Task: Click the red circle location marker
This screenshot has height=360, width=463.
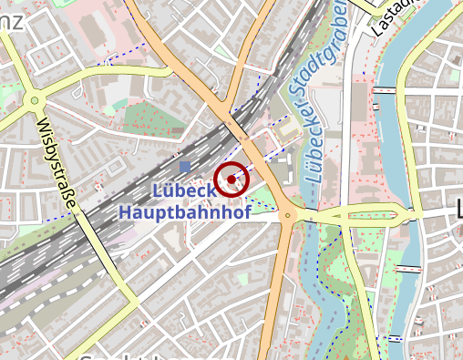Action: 232,180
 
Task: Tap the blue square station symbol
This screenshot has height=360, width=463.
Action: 186,167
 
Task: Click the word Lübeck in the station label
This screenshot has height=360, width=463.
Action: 183,190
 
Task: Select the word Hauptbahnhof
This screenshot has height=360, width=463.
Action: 172,211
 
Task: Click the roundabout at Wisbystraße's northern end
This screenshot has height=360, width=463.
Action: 35,99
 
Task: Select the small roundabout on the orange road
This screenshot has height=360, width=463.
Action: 288,216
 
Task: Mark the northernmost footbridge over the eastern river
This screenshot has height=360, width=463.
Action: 384,89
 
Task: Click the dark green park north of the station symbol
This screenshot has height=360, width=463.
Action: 142,118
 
